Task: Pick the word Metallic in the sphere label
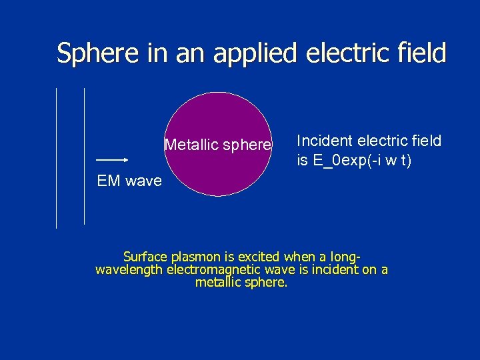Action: pyautogui.click(x=189, y=145)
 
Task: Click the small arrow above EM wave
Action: pyautogui.click(x=112, y=160)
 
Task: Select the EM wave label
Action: pyautogui.click(x=129, y=181)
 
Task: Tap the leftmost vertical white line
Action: pyautogui.click(x=57, y=158)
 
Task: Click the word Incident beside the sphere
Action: pyautogui.click(x=325, y=141)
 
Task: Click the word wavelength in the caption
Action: pyautogui.click(x=130, y=269)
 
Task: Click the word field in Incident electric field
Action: pyautogui.click(x=427, y=141)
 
